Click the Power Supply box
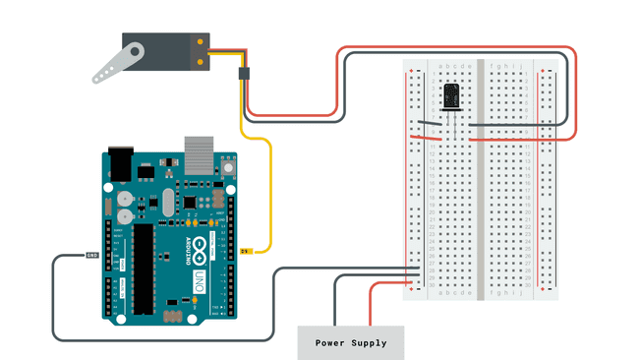[351, 343]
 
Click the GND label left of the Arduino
[92, 255]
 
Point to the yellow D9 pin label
[246, 252]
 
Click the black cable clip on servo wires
[245, 73]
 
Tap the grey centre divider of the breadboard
[480, 177]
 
